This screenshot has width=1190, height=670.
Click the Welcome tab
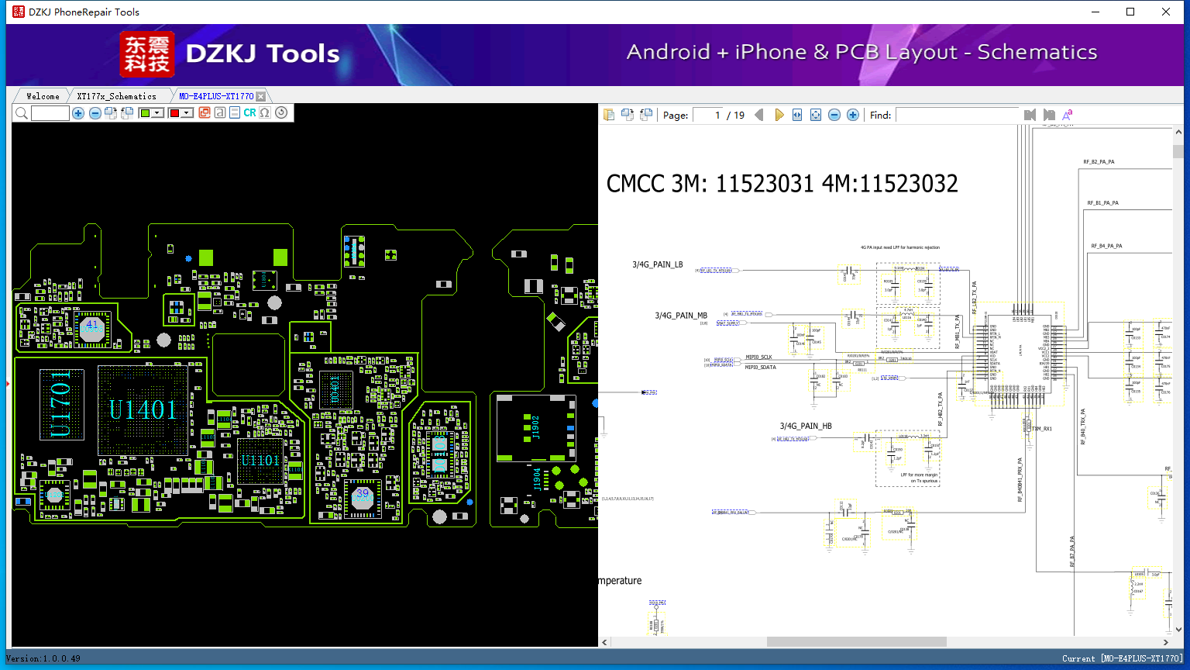tap(43, 96)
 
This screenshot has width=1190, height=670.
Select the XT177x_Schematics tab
tap(116, 96)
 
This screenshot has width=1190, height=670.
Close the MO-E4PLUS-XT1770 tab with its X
tap(261, 96)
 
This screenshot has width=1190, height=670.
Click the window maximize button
tap(1130, 12)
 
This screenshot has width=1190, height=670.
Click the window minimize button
tap(1095, 12)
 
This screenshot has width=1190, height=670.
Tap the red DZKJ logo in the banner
tap(146, 54)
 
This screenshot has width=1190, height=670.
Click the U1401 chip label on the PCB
tap(142, 409)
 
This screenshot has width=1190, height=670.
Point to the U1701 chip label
tap(60, 403)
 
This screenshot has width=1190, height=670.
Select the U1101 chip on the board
tap(260, 461)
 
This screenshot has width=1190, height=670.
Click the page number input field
tap(707, 115)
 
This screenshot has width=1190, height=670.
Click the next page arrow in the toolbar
tap(779, 115)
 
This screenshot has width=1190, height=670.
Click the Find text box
tap(956, 115)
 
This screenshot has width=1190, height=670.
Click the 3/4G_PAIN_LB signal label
tap(658, 264)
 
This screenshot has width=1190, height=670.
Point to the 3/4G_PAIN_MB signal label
tap(681, 316)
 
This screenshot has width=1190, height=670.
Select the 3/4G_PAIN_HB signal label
tap(806, 426)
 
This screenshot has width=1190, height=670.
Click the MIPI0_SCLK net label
tap(758, 357)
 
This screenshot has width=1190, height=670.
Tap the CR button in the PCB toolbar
tap(249, 112)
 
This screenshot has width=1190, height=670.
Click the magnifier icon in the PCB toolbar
tap(22, 113)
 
